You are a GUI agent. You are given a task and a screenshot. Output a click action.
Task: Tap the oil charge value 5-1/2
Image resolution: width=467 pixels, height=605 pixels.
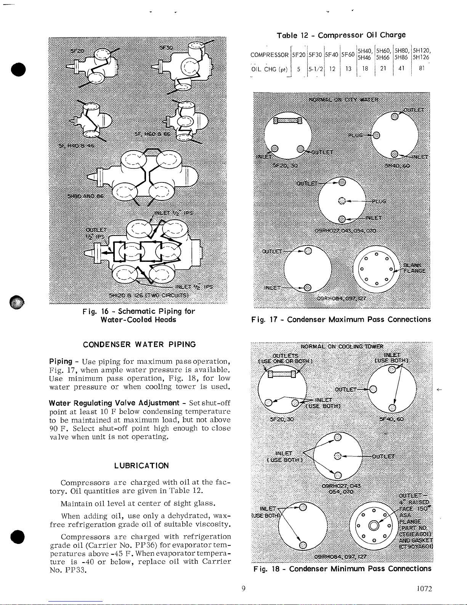click(x=315, y=70)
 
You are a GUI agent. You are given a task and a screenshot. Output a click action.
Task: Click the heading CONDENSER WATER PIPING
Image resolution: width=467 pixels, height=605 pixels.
click(x=140, y=344)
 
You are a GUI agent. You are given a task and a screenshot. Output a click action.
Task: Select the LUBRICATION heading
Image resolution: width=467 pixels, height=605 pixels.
click(x=141, y=466)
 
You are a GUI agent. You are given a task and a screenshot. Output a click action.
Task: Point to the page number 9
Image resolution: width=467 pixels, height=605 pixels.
click(x=243, y=588)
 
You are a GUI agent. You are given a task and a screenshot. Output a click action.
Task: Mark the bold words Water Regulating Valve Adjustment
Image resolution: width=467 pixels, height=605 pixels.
click(x=114, y=403)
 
